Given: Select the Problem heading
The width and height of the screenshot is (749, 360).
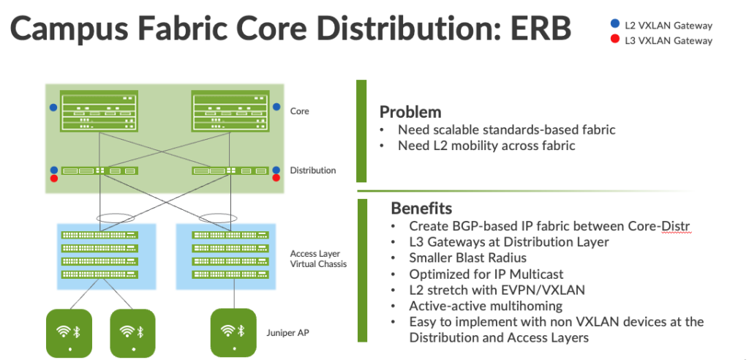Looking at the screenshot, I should pos(410,112).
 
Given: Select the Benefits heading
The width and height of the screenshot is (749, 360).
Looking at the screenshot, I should pos(421,208).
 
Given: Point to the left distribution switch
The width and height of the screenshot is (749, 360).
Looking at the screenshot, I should pos(99,170).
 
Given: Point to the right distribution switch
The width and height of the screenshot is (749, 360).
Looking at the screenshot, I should pos(230,170).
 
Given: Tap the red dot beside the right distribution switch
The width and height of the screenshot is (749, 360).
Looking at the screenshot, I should pos(276,178).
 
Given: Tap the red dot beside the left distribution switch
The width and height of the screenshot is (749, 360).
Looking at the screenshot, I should pos(53,178).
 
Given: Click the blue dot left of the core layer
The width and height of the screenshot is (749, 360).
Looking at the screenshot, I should pos(53,108).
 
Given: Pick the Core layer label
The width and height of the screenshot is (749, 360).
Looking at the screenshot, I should pos(300,111).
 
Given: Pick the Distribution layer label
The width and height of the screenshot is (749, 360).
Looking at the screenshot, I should pos(313,170).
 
